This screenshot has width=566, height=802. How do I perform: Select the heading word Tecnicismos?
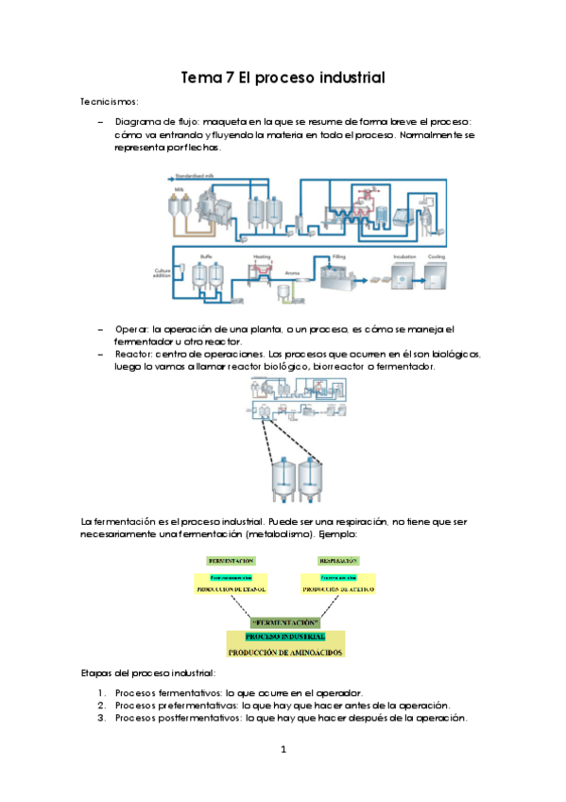pos(110,100)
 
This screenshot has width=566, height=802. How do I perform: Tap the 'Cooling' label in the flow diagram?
pos(436,256)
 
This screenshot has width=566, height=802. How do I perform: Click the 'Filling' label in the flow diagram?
pos(337,256)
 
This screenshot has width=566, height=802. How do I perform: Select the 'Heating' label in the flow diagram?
pos(262,256)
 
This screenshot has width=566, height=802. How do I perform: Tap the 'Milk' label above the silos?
pos(177,190)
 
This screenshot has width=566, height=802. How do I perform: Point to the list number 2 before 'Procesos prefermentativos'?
pos(102,706)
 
